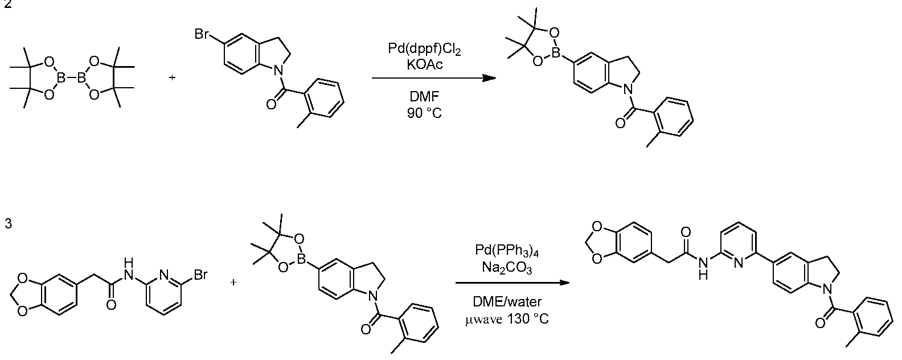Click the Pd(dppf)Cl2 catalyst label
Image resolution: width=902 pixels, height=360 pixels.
click(424, 50)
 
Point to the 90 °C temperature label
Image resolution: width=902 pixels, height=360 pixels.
click(424, 113)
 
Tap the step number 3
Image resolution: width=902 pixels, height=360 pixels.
click(7, 223)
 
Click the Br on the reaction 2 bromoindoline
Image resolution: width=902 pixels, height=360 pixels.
click(202, 34)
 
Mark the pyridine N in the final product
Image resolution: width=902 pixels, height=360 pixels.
click(737, 263)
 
